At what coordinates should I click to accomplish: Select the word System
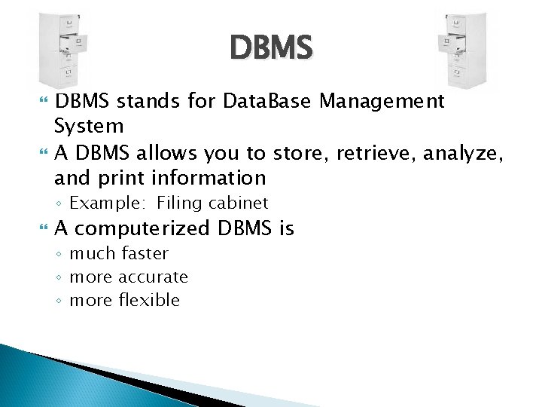[x=89, y=126]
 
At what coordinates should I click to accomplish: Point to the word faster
[x=144, y=253]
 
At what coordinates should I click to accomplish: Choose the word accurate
[x=153, y=277]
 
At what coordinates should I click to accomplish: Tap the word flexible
[x=149, y=300]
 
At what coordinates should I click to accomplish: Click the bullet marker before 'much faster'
[x=60, y=254]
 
